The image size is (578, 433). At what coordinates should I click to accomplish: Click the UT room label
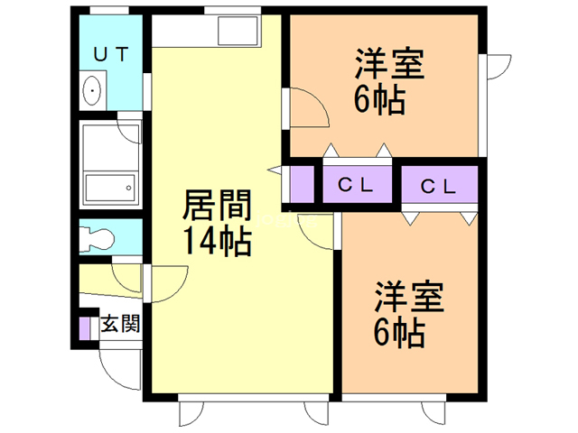point(110,54)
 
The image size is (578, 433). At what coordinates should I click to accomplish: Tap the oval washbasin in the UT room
point(92,90)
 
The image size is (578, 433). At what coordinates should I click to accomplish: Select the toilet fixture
point(97,237)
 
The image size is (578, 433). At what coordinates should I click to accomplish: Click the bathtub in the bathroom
point(110,188)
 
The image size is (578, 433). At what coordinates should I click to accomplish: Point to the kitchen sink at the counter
point(238,31)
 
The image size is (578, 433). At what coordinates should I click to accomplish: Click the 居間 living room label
point(218,205)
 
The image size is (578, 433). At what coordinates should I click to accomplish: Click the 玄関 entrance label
point(121,323)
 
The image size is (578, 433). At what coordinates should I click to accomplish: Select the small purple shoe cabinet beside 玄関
point(84,328)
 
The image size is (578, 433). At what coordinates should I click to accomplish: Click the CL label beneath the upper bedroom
point(356,185)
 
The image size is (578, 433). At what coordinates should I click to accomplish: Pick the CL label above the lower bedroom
point(438,187)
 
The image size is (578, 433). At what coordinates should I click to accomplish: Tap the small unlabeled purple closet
point(302,184)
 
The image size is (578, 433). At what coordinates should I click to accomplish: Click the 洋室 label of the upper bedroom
point(389,64)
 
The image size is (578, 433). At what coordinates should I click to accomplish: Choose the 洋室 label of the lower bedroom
point(409,297)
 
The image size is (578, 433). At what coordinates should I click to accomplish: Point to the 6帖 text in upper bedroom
point(379,100)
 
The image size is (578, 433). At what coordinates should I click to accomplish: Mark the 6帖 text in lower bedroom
point(399,333)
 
